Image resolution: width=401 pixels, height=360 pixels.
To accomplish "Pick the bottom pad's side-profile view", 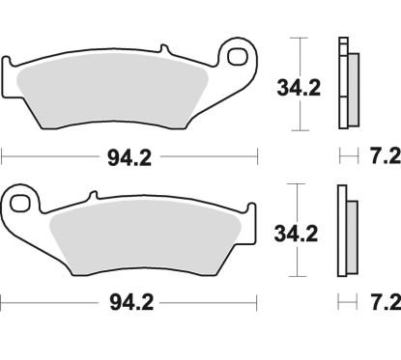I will tap(346, 232).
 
